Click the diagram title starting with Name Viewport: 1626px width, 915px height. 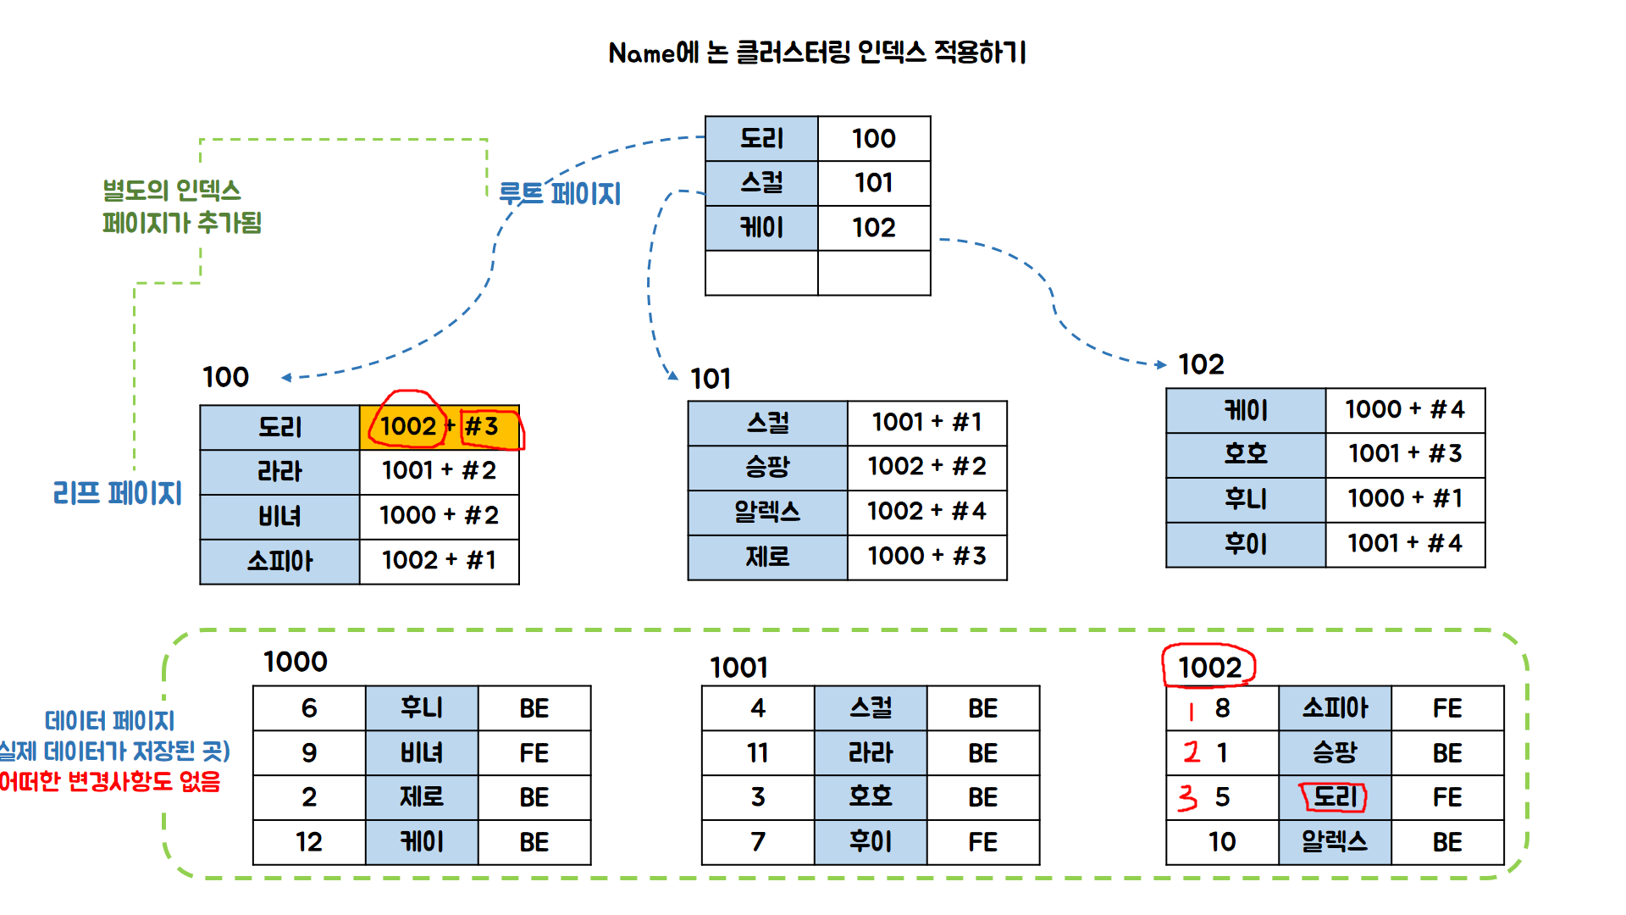point(817,53)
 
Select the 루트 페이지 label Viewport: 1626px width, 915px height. point(560,193)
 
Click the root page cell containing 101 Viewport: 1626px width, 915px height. point(873,183)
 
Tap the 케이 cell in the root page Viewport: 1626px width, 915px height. point(761,227)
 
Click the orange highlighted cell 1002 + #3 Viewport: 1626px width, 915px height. point(439,426)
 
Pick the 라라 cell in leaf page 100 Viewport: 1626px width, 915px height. point(279,471)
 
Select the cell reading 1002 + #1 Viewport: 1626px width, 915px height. point(439,560)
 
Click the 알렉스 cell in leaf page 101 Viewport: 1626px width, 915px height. point(767,512)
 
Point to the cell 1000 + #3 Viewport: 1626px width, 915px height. point(926,557)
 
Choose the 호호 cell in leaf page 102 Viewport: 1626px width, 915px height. point(1245,454)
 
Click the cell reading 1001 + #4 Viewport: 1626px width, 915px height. point(1404,543)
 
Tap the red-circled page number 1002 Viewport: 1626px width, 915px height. point(1209,668)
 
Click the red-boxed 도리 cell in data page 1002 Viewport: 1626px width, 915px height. point(1334,796)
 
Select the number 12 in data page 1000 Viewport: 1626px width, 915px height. point(309,841)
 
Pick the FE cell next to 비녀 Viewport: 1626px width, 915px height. point(534,752)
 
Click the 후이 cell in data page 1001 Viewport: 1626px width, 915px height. point(870,841)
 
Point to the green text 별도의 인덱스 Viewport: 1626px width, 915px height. point(172,191)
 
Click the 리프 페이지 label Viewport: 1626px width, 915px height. point(118,493)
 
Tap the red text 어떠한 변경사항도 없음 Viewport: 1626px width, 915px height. point(110,781)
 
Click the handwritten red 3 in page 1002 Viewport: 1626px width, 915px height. point(1188,797)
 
